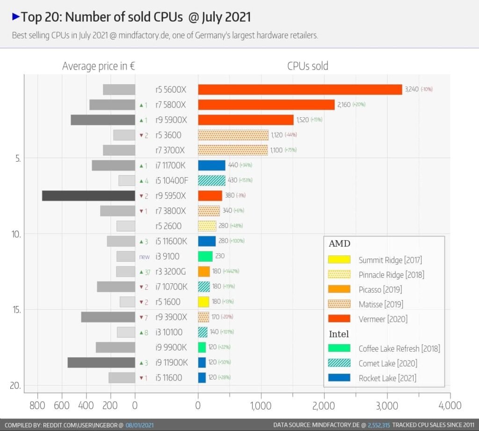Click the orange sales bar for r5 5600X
(299, 89)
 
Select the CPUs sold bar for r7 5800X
(266, 105)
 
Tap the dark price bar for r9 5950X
(88, 196)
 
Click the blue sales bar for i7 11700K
(211, 165)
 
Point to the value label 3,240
(412, 89)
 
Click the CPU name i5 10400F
(171, 180)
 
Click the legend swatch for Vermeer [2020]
(339, 319)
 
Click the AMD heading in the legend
(340, 244)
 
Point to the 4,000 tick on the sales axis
(450, 405)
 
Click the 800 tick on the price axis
(37, 405)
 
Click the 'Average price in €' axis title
(99, 66)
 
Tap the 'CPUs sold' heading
(307, 66)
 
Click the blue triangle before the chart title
(15, 17)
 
